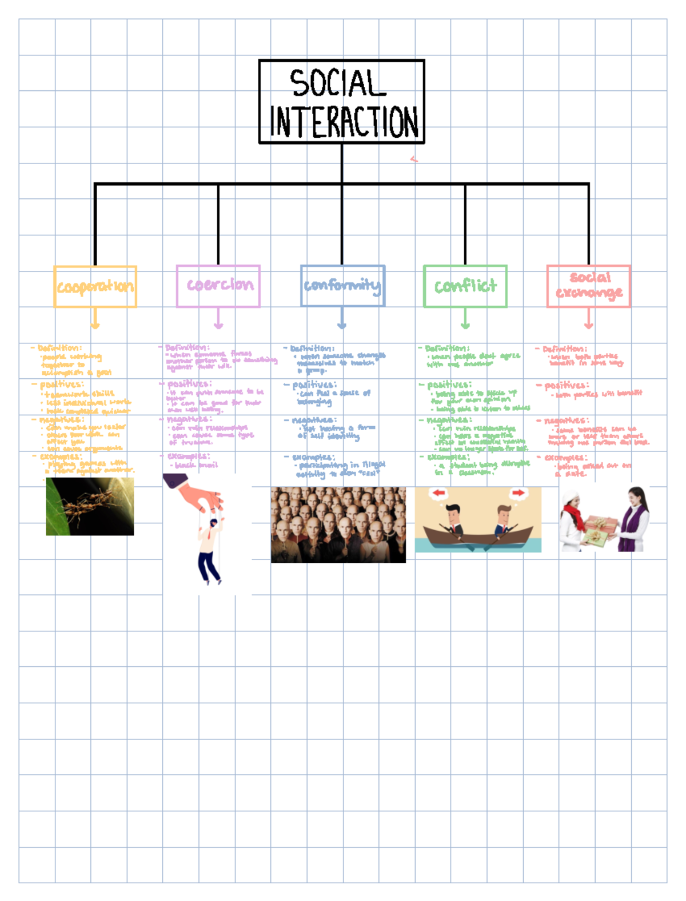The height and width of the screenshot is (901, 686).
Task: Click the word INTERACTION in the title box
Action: (343, 121)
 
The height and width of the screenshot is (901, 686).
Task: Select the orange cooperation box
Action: (95, 286)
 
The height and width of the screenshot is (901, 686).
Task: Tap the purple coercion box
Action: (218, 286)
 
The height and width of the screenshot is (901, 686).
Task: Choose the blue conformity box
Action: (342, 286)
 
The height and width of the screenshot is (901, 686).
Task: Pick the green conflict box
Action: (465, 286)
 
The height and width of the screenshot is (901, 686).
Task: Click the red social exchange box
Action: (588, 286)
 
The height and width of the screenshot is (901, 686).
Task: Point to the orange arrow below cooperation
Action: (95, 319)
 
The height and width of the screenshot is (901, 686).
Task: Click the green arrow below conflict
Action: (465, 319)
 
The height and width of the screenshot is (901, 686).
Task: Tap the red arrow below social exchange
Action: (588, 319)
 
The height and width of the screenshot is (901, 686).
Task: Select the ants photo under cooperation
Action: (90, 506)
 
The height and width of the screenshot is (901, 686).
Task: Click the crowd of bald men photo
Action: (338, 524)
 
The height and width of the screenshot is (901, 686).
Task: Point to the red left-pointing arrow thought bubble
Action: (439, 492)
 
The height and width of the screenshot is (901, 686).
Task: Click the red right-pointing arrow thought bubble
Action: (517, 492)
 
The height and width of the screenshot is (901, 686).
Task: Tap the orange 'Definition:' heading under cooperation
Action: (59, 348)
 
